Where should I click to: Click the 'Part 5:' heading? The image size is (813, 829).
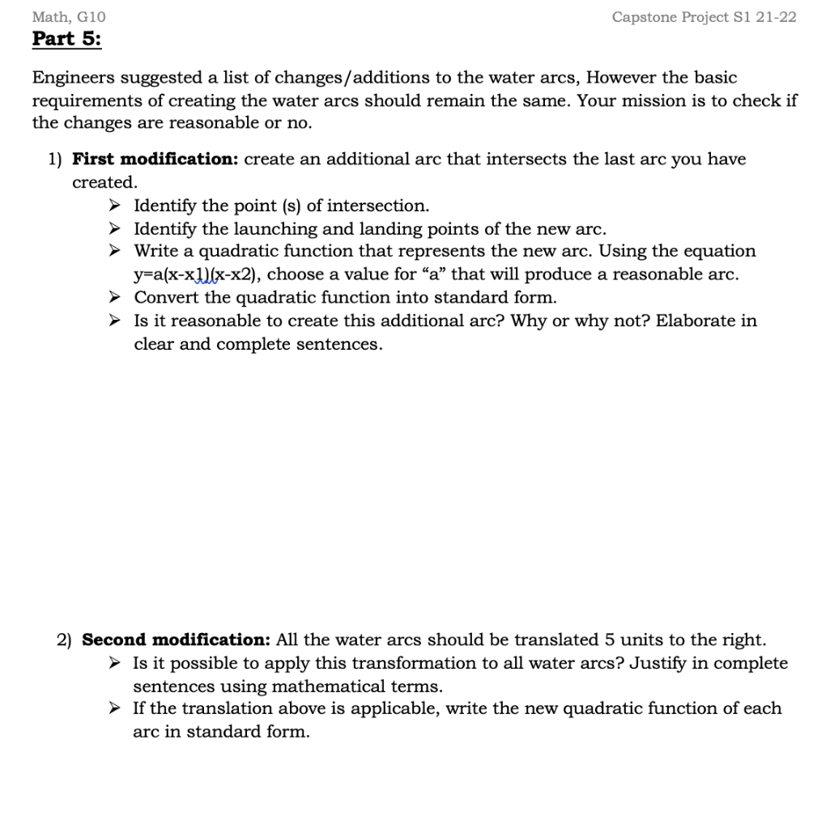pyautogui.click(x=66, y=39)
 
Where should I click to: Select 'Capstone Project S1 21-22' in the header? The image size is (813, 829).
pyautogui.click(x=704, y=17)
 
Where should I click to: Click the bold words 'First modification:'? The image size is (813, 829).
pyautogui.click(x=155, y=159)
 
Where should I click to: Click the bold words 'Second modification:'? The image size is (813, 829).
pyautogui.click(x=177, y=640)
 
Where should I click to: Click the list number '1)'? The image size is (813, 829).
pyautogui.click(x=54, y=159)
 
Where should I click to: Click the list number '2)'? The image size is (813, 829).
pyautogui.click(x=64, y=640)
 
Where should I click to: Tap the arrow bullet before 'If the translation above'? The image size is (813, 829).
pyautogui.click(x=116, y=709)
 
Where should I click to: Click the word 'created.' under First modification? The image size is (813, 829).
pyautogui.click(x=104, y=182)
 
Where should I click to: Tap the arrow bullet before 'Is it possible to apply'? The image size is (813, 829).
pyautogui.click(x=116, y=664)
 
